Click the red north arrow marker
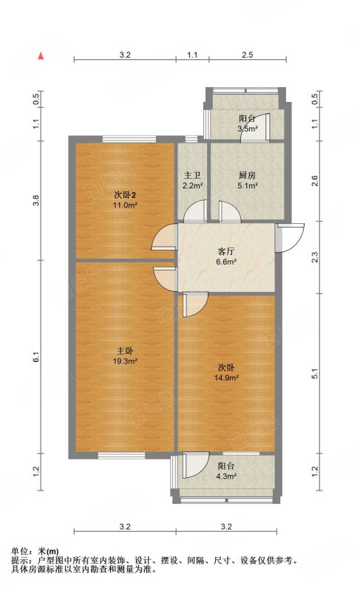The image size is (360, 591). point(41,56)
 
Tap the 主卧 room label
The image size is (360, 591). point(125,351)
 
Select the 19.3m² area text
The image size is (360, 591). point(125,361)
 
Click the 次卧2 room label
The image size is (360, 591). point(125,195)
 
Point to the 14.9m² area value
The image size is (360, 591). point(226,378)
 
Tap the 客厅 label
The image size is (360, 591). point(226,251)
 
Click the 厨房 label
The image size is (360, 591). point(248,175)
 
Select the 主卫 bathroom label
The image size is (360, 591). point(192,175)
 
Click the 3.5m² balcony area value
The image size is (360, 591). point(248,129)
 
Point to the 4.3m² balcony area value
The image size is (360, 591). point(226,476)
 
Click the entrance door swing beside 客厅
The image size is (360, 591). point(290,237)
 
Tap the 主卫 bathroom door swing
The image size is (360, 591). point(195,211)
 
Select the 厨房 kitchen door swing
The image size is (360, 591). point(229,211)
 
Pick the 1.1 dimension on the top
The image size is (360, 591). point(192,55)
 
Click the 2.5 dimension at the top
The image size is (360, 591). point(248,55)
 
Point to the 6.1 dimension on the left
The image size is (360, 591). point(36,357)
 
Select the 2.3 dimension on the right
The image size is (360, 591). point(316,257)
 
